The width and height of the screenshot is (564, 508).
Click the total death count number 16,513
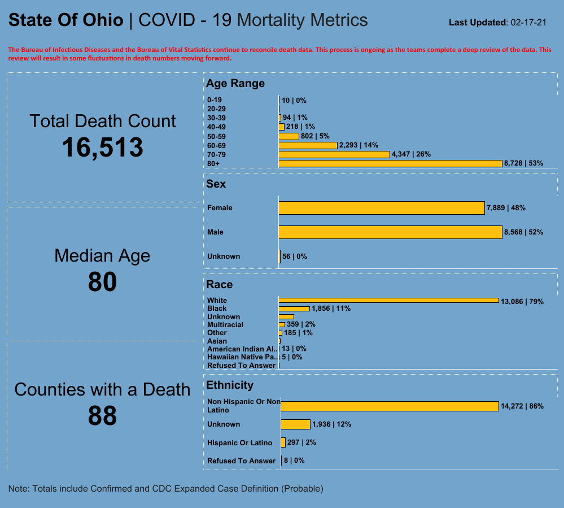pyautogui.click(x=102, y=148)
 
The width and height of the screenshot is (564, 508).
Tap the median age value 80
pyautogui.click(x=102, y=282)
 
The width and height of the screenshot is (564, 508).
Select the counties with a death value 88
pyautogui.click(x=102, y=416)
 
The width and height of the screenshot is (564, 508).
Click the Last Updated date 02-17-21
pyautogui.click(x=528, y=23)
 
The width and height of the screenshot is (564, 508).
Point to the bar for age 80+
pyautogui.click(x=390, y=163)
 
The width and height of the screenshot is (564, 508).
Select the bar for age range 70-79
pyautogui.click(x=334, y=154)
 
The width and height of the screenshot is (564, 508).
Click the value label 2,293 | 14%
pyautogui.click(x=358, y=145)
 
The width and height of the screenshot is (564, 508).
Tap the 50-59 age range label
pyautogui.click(x=216, y=136)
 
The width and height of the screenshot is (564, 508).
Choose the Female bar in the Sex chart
pyautogui.click(x=382, y=208)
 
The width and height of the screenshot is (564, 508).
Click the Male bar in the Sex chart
pyautogui.click(x=390, y=232)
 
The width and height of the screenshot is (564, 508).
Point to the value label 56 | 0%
pyautogui.click(x=295, y=257)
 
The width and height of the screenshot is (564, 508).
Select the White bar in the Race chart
pyautogui.click(x=388, y=300)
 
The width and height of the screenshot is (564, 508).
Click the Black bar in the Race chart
pyautogui.click(x=294, y=309)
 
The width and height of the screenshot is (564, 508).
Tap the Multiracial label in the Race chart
pyautogui.click(x=225, y=325)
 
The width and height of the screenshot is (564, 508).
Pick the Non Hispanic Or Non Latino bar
pyautogui.click(x=390, y=406)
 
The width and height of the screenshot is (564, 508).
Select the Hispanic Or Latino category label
pyautogui.click(x=239, y=443)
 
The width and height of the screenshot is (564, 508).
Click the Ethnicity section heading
pyautogui.click(x=230, y=385)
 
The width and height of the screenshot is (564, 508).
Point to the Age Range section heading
pyautogui.click(x=235, y=84)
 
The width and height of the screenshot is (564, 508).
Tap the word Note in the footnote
pyautogui.click(x=19, y=488)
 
